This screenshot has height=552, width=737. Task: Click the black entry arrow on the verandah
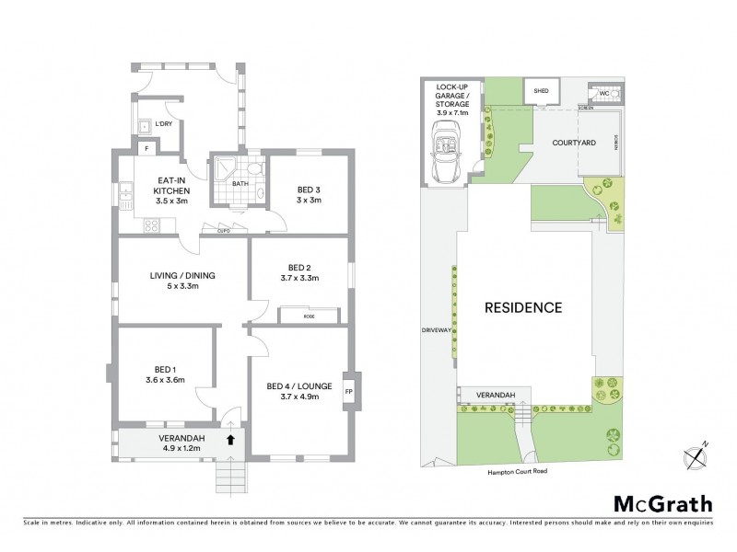[230, 441]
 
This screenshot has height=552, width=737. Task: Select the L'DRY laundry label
[164, 124]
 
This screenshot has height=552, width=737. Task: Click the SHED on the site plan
[538, 92]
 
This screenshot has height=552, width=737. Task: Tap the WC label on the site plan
[604, 93]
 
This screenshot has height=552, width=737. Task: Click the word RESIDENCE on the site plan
[522, 307]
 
